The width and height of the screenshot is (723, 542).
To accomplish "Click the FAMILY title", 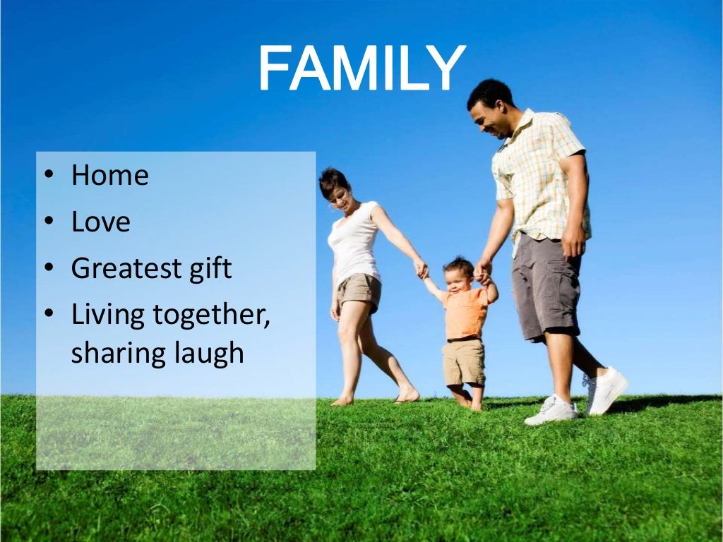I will [361, 69].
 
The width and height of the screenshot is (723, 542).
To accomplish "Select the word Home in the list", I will [109, 175].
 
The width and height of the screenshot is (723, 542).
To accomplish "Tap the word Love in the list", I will [100, 222].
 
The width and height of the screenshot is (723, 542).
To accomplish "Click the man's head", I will [491, 107].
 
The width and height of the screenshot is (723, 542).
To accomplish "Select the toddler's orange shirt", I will [463, 312].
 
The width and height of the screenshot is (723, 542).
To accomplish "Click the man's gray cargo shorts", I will [544, 285].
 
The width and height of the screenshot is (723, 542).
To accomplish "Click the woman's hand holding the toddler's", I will [421, 268].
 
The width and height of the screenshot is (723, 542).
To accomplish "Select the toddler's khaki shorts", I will [463, 361].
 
